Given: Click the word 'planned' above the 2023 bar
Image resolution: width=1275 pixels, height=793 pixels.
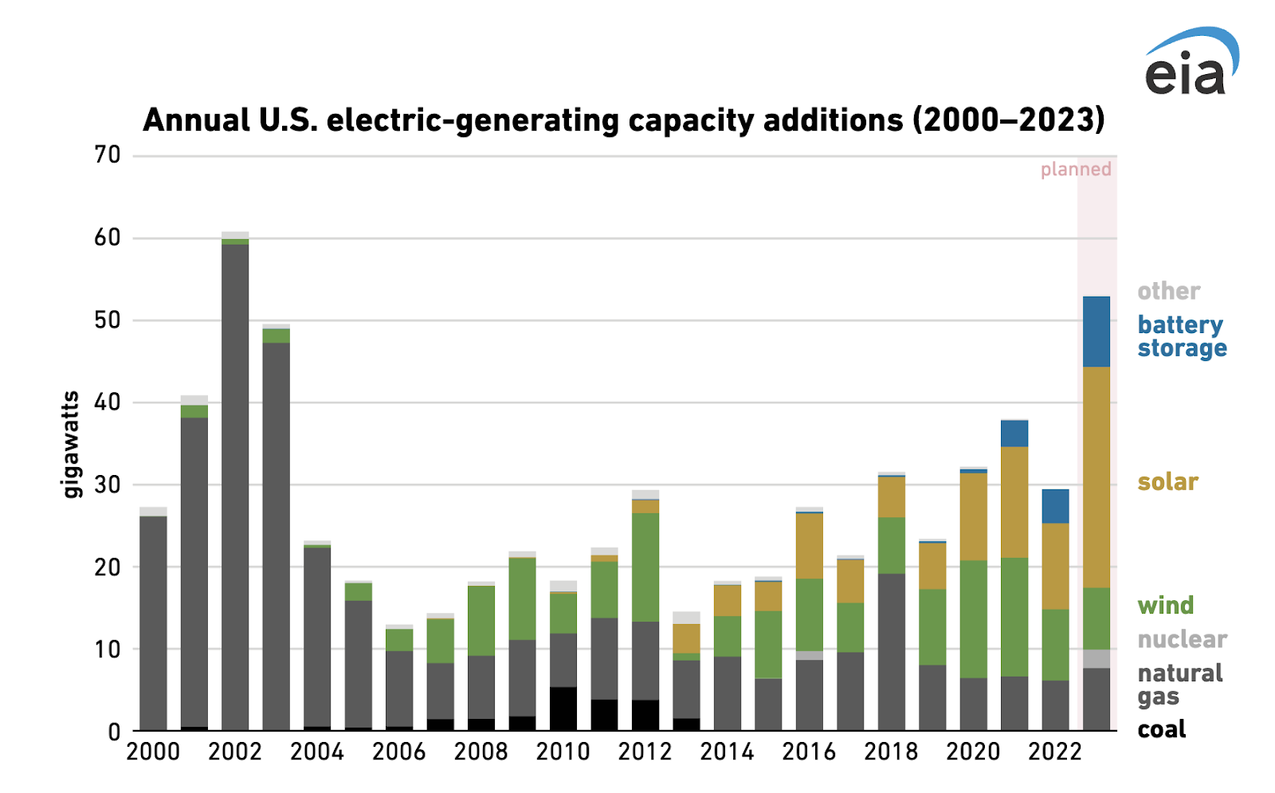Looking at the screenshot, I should click(x=1075, y=169).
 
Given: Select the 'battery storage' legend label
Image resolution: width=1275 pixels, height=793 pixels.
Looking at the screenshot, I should click(x=1182, y=336).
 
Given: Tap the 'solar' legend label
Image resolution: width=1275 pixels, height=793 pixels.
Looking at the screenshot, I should click(x=1167, y=482).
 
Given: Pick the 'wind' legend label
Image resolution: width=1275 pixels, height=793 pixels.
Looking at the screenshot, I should click(x=1165, y=606).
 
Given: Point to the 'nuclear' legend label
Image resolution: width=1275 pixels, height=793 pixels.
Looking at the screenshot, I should click(x=1182, y=639).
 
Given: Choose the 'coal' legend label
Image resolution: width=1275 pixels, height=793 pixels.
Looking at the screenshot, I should click(x=1161, y=729).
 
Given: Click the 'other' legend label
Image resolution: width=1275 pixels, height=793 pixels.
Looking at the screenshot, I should click(x=1168, y=291).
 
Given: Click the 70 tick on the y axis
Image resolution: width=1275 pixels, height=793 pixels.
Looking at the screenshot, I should click(x=108, y=155).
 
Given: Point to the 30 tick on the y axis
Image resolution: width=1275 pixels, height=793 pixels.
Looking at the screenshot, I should click(x=108, y=485).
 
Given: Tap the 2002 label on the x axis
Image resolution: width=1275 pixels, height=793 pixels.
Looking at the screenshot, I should click(x=235, y=752).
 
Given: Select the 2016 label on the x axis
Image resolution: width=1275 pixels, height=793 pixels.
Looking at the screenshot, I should click(x=809, y=752).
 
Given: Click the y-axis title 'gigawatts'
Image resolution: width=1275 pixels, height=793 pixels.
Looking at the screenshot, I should click(x=72, y=444).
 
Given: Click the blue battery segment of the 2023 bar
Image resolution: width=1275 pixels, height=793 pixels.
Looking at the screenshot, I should click(x=1096, y=332).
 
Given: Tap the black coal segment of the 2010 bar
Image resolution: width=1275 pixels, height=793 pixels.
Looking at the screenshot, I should click(x=563, y=709).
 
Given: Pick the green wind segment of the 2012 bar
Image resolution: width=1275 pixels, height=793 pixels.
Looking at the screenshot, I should click(x=645, y=567).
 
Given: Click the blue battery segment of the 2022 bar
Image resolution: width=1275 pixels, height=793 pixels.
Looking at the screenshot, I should click(x=1055, y=506).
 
